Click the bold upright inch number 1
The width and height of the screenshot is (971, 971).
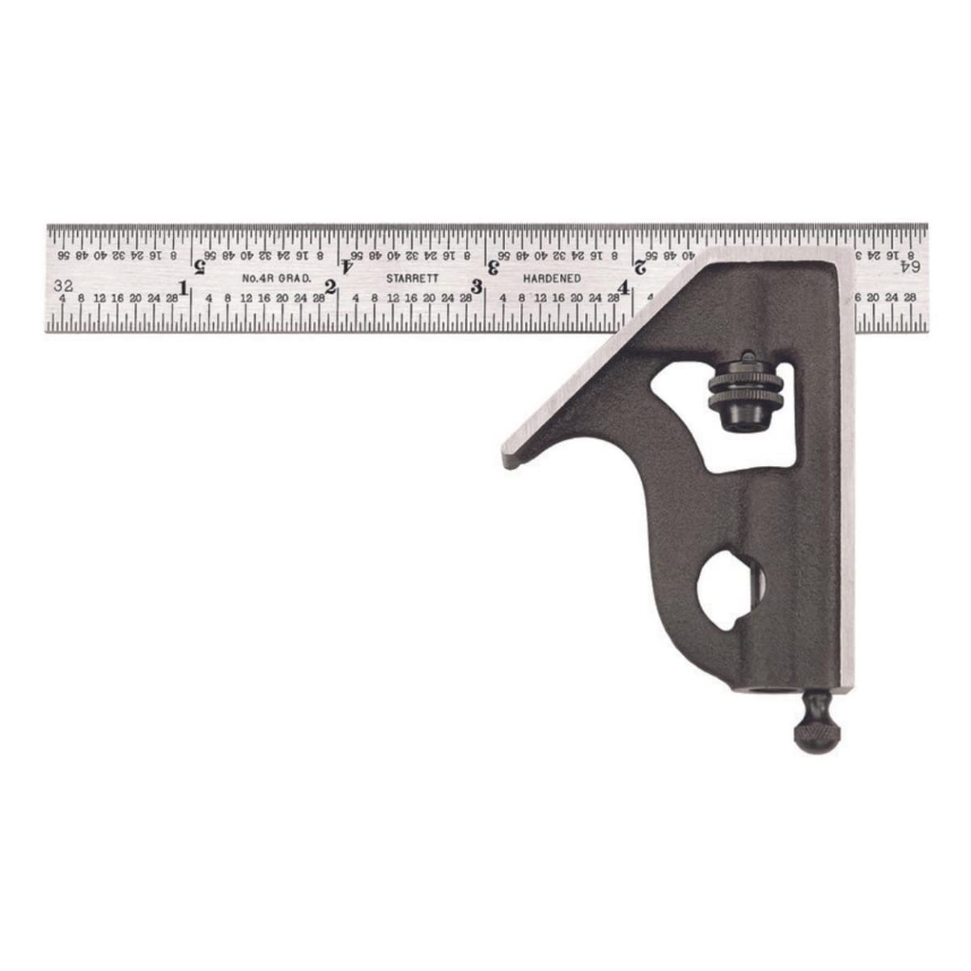(x=184, y=288)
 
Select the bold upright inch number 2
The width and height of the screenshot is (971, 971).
(x=330, y=287)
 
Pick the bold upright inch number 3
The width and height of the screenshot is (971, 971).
(x=477, y=287)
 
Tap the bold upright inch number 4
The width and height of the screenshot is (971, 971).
(x=624, y=287)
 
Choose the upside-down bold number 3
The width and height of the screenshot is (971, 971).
(x=493, y=264)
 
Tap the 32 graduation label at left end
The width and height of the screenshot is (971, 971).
(x=62, y=285)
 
